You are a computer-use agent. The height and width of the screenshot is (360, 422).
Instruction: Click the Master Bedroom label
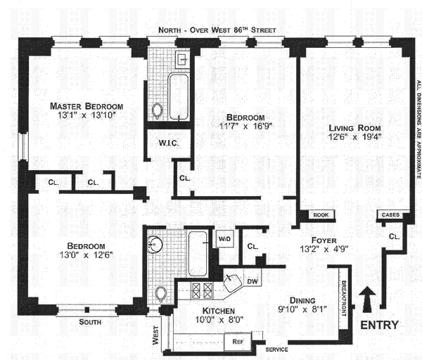(87, 106)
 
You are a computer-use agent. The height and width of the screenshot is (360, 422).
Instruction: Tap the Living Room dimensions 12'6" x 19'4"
(354, 136)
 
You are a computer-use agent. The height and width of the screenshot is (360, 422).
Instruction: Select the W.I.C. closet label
(169, 143)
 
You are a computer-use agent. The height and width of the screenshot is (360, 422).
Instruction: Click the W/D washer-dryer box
(224, 238)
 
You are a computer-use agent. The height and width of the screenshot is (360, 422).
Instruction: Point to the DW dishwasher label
(252, 281)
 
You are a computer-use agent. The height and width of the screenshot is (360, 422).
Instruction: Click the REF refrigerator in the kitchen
(238, 342)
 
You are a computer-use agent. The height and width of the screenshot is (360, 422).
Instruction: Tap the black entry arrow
(367, 300)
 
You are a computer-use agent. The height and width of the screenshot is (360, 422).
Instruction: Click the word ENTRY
(379, 325)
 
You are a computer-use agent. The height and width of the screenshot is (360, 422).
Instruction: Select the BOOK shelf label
(321, 214)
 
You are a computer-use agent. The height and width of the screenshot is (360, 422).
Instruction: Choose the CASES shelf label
(390, 214)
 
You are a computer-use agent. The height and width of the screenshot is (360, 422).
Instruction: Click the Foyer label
(324, 240)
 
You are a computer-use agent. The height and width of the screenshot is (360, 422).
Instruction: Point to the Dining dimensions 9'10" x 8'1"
(302, 309)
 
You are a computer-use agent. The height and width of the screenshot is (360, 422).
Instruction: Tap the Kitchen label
(219, 311)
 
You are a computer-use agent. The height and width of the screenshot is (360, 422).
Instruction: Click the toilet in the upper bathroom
(157, 110)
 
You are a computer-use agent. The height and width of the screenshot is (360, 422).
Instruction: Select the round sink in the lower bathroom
(155, 244)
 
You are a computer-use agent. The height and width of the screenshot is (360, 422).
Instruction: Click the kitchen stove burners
(202, 290)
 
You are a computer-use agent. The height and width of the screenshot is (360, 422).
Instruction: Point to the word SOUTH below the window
(90, 322)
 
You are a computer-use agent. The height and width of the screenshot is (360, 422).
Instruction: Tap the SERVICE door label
(276, 349)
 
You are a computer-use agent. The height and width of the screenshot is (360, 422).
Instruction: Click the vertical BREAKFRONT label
(344, 299)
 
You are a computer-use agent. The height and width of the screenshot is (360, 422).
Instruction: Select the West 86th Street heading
(217, 30)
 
